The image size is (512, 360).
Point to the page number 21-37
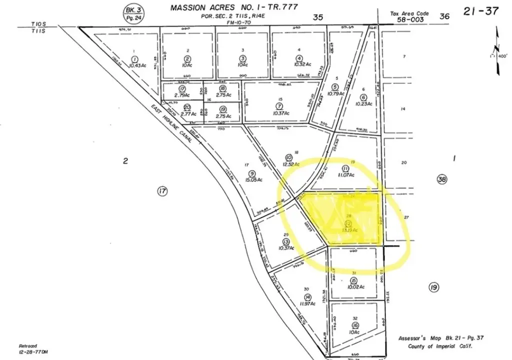[480, 11]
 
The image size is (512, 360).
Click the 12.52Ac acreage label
[290, 164]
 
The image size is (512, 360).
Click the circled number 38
[441, 179]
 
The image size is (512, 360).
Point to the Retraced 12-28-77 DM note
[32, 348]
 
